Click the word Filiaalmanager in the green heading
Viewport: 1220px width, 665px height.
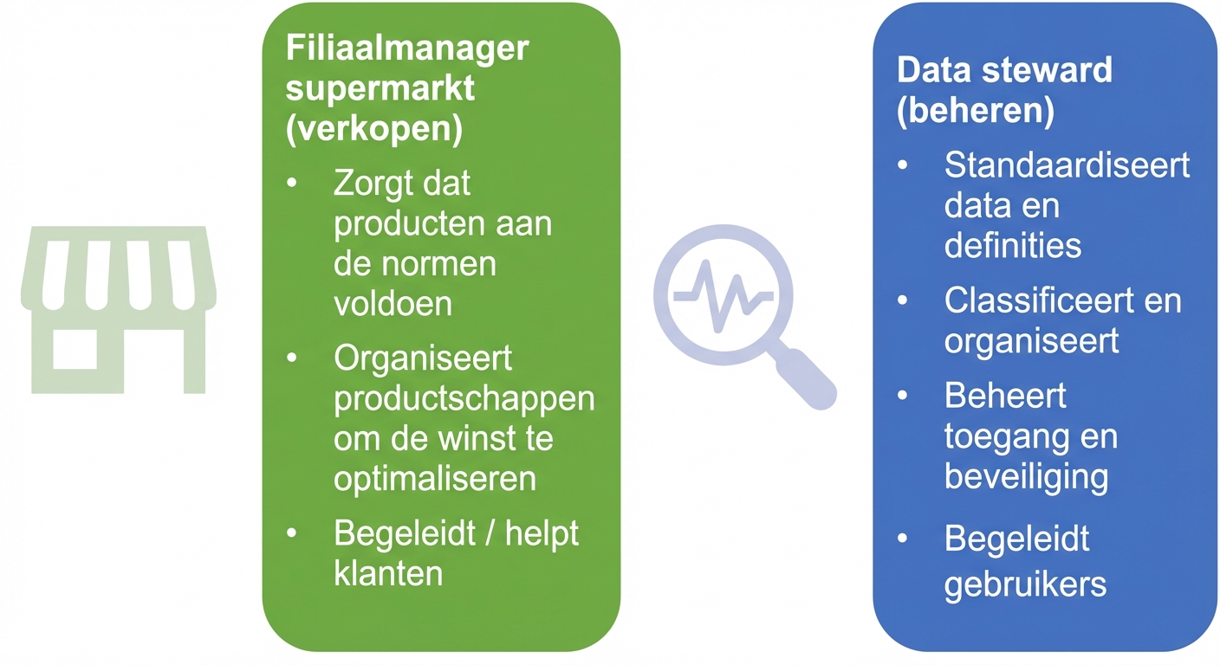tap(406, 48)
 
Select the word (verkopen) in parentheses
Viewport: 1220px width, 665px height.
tap(374, 129)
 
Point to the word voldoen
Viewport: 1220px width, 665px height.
tap(393, 303)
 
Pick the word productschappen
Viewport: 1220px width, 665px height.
tap(464, 398)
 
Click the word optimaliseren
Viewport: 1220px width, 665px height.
tap(435, 479)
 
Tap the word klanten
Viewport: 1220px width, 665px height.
tap(388, 572)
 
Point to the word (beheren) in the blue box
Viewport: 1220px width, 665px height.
tap(976, 112)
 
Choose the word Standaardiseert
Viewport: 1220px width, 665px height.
tap(1067, 165)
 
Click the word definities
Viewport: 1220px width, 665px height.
tap(1013, 246)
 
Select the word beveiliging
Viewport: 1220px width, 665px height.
tap(1026, 477)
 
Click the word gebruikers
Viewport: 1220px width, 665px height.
tap(1025, 584)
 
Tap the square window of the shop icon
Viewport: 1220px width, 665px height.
tap(75, 350)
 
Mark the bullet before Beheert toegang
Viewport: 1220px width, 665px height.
tap(904, 396)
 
